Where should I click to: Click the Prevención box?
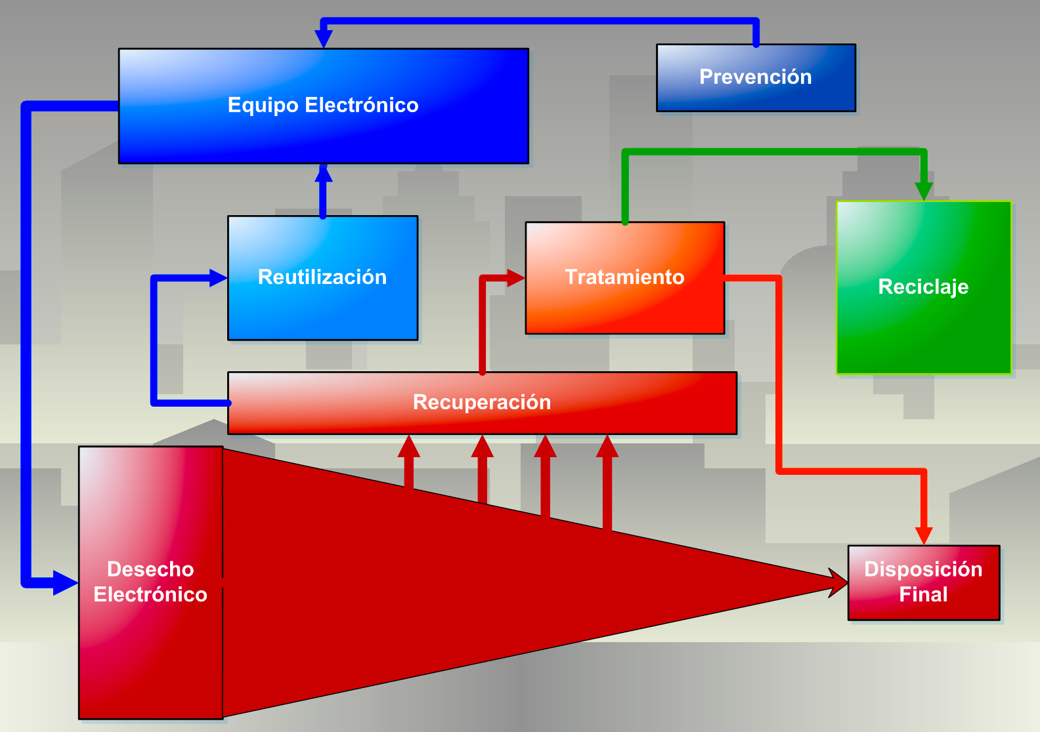(x=756, y=77)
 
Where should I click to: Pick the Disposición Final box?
(x=923, y=582)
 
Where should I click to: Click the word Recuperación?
(x=482, y=402)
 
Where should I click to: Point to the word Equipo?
(x=263, y=106)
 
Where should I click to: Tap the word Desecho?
(x=150, y=569)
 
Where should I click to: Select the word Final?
(x=923, y=595)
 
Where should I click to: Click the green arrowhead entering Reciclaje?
(x=924, y=190)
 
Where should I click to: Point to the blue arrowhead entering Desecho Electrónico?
(x=65, y=582)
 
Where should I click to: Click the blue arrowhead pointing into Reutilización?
(x=217, y=278)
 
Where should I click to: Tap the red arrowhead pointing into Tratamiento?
(x=515, y=278)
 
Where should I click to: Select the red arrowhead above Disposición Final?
(x=924, y=535)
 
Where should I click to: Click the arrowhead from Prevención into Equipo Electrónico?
(x=323, y=39)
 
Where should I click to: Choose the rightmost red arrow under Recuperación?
(x=607, y=482)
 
